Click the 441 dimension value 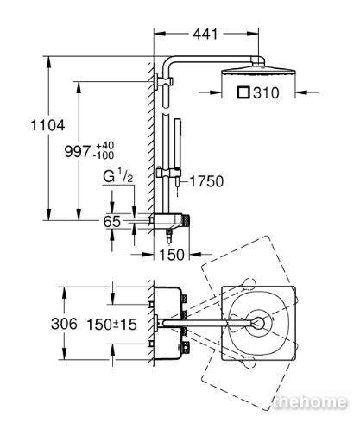click(x=205, y=35)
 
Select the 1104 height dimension click(x=47, y=125)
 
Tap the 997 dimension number click(x=77, y=151)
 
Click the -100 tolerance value click(x=104, y=155)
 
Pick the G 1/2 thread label click(x=118, y=177)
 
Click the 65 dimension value click(x=112, y=222)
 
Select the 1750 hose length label click(x=206, y=181)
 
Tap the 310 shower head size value click(x=266, y=93)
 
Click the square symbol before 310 click(x=243, y=92)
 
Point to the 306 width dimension click(x=64, y=324)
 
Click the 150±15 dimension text click(x=112, y=325)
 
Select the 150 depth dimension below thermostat click(x=172, y=255)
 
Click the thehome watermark click(x=310, y=401)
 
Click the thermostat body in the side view click(x=169, y=221)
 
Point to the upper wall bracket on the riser click(x=163, y=82)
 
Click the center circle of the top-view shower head click(x=259, y=323)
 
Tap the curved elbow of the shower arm click(x=168, y=62)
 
